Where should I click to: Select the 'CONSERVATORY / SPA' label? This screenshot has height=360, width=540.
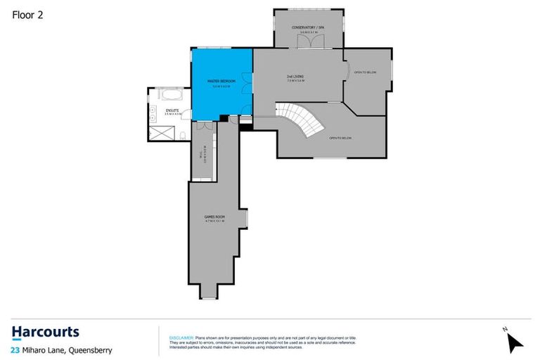(308, 28)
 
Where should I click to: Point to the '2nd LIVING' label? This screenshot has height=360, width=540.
(295, 77)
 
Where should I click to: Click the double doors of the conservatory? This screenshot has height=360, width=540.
(308, 41)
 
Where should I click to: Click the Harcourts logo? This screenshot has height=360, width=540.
(46, 332)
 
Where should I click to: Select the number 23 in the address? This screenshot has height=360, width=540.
(15, 349)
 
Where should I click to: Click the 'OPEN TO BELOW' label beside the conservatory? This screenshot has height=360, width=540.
(364, 72)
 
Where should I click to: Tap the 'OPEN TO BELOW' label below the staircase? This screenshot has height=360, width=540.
(340, 138)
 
